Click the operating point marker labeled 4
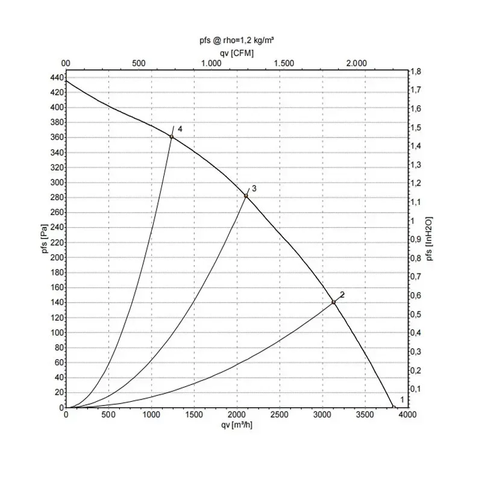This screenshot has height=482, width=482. point(172,137)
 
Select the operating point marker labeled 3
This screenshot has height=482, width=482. point(246,196)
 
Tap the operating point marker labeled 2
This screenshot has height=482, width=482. point(333,302)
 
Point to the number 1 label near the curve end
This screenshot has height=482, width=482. point(402,400)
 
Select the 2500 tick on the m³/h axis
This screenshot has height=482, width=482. point(280,415)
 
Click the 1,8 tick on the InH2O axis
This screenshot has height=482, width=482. point(415,71)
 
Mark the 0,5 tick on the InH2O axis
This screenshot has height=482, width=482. point(415,315)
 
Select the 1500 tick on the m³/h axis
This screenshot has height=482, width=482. point(194,415)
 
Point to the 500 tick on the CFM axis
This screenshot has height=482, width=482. point(139,63)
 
